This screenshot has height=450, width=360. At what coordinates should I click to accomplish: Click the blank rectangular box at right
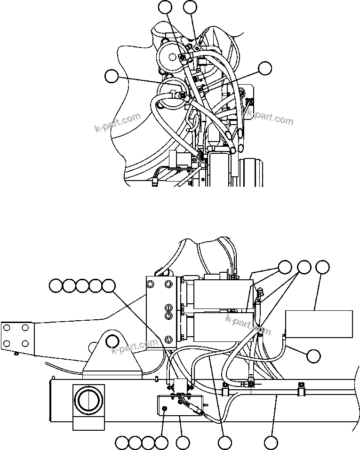coord(319,324)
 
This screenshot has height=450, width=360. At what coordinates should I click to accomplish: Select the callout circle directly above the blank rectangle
coord(322,268)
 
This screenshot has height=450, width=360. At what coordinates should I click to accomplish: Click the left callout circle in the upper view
coord(112,76)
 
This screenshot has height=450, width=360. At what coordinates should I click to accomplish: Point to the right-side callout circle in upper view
coord(265,68)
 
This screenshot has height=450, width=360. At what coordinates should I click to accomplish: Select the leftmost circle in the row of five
coord(56,285)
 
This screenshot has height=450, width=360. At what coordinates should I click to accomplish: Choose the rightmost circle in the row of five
coord(109,285)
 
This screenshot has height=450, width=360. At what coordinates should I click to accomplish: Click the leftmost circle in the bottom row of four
coord(122,442)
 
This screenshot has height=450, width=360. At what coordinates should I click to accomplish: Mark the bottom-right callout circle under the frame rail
coord(270,442)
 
